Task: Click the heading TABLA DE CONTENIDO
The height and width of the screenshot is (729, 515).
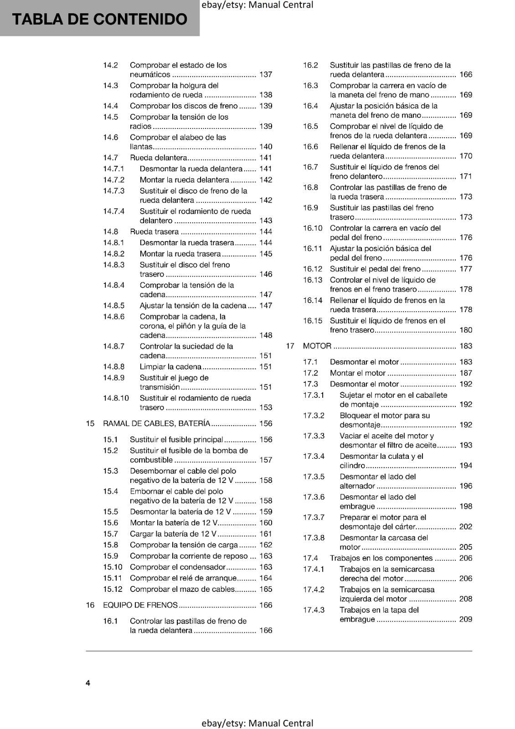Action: pyautogui.click(x=99, y=19)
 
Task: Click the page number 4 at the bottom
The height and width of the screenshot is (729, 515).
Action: pyautogui.click(x=88, y=683)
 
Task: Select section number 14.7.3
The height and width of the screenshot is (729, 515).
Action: pyautogui.click(x=113, y=191)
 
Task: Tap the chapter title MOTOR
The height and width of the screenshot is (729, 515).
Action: pyautogui.click(x=317, y=346)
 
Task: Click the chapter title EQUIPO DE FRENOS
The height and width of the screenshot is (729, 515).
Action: pyautogui.click(x=140, y=605)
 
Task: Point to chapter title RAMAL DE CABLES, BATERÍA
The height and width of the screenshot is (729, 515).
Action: pyautogui.click(x=156, y=423)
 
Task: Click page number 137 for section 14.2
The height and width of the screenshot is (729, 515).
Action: pyautogui.click(x=265, y=75)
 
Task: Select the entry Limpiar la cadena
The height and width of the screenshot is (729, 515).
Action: pyautogui.click(x=170, y=367)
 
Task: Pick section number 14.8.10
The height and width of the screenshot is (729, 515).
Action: pyautogui.click(x=116, y=398)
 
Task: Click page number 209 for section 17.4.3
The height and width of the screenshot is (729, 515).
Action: pyautogui.click(x=465, y=619)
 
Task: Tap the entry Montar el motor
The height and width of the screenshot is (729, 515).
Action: pyautogui.click(x=357, y=373)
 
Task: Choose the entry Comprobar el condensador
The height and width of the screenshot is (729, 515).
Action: pyautogui.click(x=177, y=567)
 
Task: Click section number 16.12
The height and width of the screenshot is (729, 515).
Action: pyautogui.click(x=313, y=269)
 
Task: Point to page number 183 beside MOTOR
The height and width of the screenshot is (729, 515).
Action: pyautogui.click(x=465, y=346)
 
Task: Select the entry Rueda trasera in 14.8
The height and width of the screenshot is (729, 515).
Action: pyautogui.click(x=154, y=231)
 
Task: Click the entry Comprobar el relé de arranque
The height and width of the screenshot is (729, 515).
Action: pyautogui.click(x=183, y=578)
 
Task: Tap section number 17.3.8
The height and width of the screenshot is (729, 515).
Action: pyautogui.click(x=314, y=538)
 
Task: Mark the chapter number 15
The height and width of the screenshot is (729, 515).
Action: pyautogui.click(x=90, y=423)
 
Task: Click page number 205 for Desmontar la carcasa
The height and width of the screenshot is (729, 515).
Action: pyautogui.click(x=465, y=547)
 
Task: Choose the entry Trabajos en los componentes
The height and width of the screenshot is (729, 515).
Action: pyautogui.click(x=381, y=558)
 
